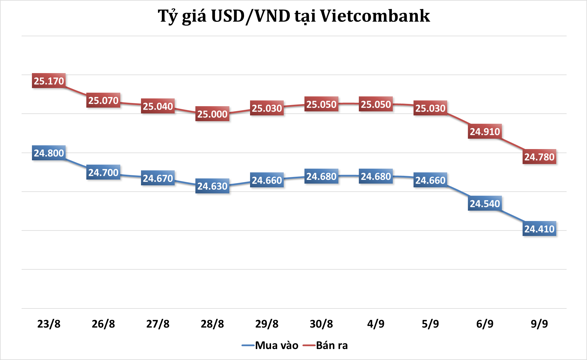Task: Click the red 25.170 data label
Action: click(49, 81)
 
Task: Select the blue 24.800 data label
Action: click(49, 153)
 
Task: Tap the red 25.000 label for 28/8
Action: click(212, 114)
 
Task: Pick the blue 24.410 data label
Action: click(539, 229)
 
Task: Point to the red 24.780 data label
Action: click(539, 157)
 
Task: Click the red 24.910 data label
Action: click(485, 132)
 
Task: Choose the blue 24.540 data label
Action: click(485, 203)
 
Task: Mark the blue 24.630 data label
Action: click(212, 186)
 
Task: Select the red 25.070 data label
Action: click(103, 100)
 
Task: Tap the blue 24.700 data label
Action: click(103, 172)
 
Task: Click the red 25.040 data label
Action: click(158, 106)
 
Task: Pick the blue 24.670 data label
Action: click(158, 178)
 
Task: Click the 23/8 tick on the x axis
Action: click(49, 324)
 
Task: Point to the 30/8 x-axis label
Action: click(321, 324)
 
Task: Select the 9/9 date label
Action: click(539, 324)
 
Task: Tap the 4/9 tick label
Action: click(376, 324)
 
